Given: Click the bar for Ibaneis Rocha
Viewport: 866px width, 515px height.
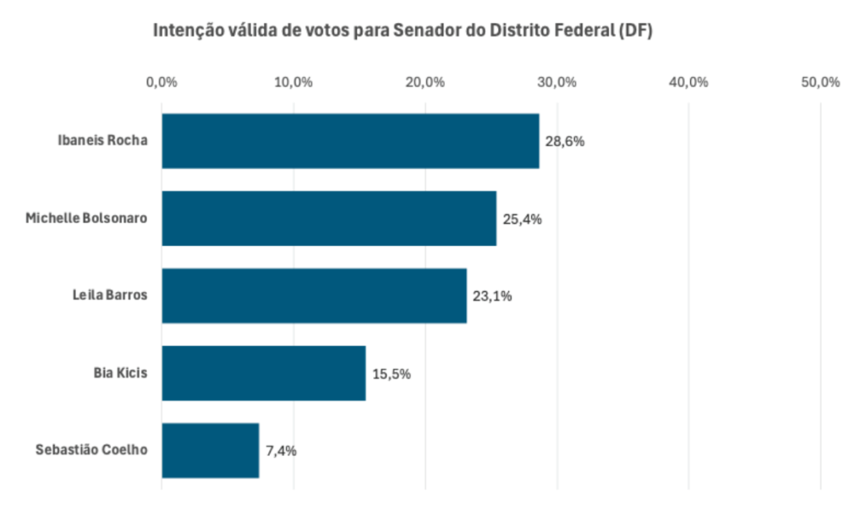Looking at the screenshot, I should pyautogui.click(x=350, y=141).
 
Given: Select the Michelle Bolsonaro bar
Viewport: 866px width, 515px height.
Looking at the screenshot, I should pyautogui.click(x=329, y=218).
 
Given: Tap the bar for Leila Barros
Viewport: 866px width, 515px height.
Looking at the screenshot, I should pyautogui.click(x=314, y=296).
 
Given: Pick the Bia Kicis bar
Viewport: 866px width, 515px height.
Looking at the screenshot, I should pyautogui.click(x=264, y=373).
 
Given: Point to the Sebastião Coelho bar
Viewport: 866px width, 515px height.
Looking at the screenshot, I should pyautogui.click(x=211, y=450).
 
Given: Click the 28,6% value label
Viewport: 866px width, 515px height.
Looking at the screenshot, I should pyautogui.click(x=565, y=141).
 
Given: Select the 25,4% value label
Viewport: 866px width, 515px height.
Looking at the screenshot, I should pyautogui.click(x=522, y=219).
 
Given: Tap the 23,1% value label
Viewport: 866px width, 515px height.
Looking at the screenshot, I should pyautogui.click(x=492, y=296).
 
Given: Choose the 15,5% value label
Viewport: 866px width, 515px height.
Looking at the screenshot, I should pyautogui.click(x=391, y=373).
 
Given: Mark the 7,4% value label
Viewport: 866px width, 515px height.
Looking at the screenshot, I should pyautogui.click(x=281, y=451).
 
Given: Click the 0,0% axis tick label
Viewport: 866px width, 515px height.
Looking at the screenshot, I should pyautogui.click(x=162, y=82).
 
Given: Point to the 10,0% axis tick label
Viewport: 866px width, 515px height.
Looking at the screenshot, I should pyautogui.click(x=293, y=82).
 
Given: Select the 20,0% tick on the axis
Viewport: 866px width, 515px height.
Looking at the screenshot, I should pyautogui.click(x=425, y=82).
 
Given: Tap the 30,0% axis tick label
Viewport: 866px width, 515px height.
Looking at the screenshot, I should pyautogui.click(x=557, y=82).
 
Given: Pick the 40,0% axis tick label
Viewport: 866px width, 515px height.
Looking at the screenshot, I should pyautogui.click(x=688, y=82).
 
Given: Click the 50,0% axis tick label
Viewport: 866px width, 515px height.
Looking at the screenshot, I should pyautogui.click(x=820, y=82).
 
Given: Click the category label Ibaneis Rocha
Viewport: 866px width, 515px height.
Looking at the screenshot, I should pyautogui.click(x=102, y=140).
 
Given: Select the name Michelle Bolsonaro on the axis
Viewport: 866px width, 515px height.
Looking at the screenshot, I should pyautogui.click(x=86, y=218).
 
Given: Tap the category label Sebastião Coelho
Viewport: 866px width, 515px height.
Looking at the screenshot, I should pyautogui.click(x=91, y=450).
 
